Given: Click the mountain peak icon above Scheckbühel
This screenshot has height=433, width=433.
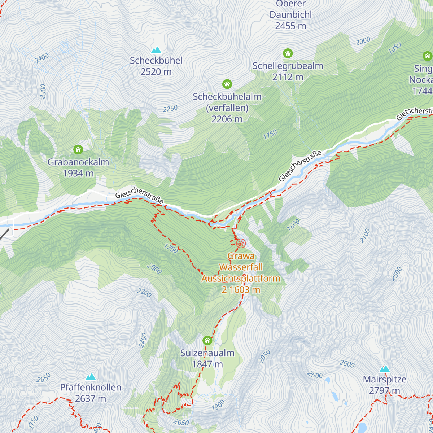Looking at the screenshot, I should [156, 50].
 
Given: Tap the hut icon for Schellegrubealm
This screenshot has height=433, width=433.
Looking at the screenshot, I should [288, 53].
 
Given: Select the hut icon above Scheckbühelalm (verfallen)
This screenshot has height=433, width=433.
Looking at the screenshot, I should [227, 84].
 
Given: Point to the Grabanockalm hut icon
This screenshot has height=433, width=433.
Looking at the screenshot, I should [78, 149].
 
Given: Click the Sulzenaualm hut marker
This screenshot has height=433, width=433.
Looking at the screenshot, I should [207, 340].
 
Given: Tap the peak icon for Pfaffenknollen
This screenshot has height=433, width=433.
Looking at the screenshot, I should [90, 377].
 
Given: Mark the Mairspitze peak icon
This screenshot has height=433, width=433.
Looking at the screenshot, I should [385, 369].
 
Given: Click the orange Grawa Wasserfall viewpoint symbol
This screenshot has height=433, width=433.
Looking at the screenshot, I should [241, 244].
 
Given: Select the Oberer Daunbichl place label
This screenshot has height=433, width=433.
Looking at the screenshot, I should [290, 9].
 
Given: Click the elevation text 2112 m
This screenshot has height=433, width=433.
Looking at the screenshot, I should [288, 77].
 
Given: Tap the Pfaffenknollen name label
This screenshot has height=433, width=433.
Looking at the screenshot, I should [91, 388].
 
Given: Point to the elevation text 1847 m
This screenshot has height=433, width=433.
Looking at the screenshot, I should [207, 364].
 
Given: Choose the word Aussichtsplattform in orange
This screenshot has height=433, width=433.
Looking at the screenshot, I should [241, 279].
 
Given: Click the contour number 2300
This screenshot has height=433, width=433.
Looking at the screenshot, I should [43, 92].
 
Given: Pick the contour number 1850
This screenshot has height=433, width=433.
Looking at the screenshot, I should [394, 48].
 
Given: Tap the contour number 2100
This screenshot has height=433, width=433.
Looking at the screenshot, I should [365, 236].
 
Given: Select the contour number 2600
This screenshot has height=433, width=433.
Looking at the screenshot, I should [347, 364].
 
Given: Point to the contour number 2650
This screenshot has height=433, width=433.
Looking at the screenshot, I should [43, 378].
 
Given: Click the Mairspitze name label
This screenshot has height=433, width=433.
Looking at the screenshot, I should [385, 380].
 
